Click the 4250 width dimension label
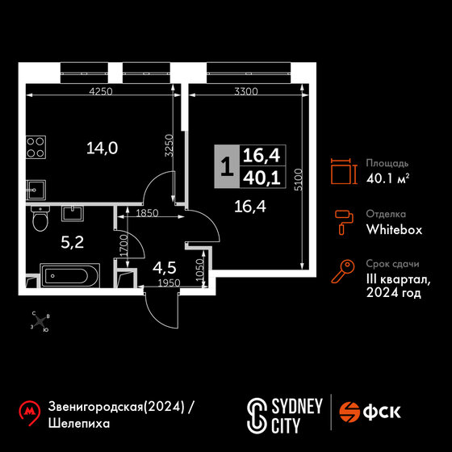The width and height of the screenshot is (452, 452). click(x=101, y=91)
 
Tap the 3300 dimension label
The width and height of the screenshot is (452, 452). click(x=246, y=91)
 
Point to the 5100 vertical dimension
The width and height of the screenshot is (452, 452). click(x=299, y=179)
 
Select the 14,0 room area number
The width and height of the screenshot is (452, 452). click(x=102, y=149)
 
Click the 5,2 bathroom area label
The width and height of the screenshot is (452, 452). click(x=73, y=242)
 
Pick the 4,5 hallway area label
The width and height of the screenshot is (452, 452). click(x=165, y=268)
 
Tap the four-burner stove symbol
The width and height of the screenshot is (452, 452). click(x=36, y=147)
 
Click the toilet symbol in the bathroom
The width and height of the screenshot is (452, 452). click(x=40, y=219)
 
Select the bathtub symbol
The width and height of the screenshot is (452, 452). click(x=69, y=275)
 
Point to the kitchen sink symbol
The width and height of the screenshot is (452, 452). click(x=36, y=190)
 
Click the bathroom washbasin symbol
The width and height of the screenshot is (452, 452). click(x=72, y=214)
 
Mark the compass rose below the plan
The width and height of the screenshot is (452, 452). click(x=40, y=321)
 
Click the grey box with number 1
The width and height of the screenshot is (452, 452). click(x=227, y=166)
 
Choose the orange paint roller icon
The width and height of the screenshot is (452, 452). click(x=344, y=222)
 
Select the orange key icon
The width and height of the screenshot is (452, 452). click(x=343, y=271)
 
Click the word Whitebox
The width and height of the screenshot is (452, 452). click(x=394, y=230)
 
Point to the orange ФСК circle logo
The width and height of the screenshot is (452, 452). click(x=349, y=412)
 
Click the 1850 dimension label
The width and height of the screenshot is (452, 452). click(x=147, y=213)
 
